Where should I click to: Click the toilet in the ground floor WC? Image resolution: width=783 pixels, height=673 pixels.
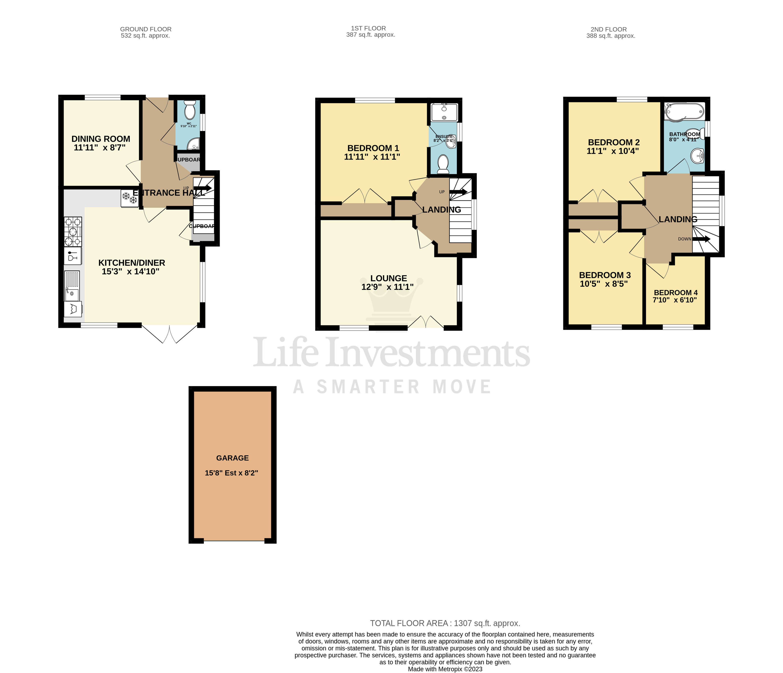pyautogui.click(x=189, y=110)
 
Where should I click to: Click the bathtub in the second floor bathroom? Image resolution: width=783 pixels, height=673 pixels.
pyautogui.click(x=684, y=111)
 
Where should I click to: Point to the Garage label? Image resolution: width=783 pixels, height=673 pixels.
pyautogui.click(x=232, y=458)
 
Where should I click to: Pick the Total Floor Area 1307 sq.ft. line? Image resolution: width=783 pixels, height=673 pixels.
pyautogui.click(x=445, y=623)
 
